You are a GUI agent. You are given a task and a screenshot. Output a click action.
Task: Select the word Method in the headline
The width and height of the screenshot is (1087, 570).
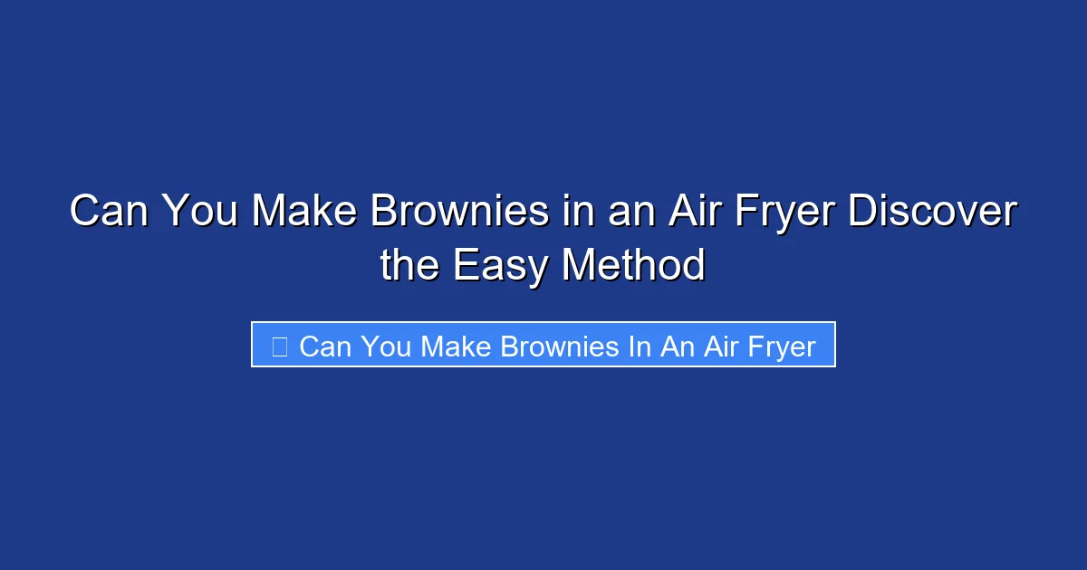[633, 266]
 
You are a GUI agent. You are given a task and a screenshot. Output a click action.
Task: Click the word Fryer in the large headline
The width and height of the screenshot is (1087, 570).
[787, 213]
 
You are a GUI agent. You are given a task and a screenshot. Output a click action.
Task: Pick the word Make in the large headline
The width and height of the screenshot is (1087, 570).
[300, 213]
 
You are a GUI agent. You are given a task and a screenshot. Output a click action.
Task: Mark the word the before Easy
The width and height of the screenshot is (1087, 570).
[410, 266]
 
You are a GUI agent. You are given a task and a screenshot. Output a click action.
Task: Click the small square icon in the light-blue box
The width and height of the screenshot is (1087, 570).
[280, 346]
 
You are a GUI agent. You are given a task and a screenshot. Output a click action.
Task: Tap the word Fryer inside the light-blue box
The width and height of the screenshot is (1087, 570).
[777, 346]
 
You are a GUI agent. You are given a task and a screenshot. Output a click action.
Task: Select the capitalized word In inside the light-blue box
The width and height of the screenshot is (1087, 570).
[640, 346]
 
